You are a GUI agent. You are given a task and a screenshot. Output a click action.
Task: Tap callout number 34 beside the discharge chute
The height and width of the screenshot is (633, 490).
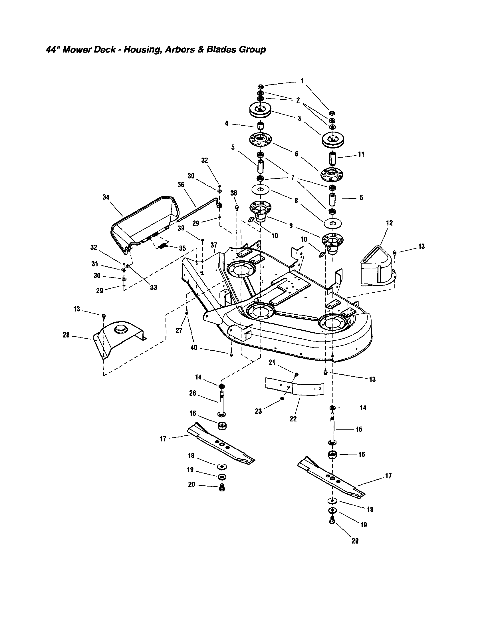pos(106,197)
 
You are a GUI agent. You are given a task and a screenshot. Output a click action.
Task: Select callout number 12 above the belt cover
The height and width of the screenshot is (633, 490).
pos(389,223)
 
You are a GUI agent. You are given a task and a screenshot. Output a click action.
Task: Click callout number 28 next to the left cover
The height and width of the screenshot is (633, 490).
pos(66,335)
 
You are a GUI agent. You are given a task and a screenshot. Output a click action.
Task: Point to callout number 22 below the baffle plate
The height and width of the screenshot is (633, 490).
pos(293,419)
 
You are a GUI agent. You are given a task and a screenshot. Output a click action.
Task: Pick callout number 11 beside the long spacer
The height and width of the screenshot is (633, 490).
pos(361,154)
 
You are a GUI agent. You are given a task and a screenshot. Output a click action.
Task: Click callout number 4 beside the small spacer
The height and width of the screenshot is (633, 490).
pos(226,123)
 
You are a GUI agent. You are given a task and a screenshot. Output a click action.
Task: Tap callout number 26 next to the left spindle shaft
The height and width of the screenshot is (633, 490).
pos(192,393)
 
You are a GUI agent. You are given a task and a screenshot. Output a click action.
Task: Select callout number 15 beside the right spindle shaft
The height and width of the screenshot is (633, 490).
pos(359,429)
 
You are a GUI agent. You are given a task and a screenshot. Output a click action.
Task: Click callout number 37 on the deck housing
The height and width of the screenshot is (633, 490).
pos(213,245)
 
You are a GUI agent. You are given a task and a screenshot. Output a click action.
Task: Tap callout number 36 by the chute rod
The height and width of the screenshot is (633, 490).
pos(181,185)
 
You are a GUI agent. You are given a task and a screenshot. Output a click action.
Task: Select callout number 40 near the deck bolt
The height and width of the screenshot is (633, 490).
pos(193,347)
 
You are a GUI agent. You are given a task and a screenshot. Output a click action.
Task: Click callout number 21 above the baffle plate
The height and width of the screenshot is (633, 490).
pos(271,363)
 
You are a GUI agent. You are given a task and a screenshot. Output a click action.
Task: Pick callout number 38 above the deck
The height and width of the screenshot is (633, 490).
pos(233,193)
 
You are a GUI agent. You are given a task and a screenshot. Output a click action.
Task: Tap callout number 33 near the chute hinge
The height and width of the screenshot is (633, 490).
pos(153,287)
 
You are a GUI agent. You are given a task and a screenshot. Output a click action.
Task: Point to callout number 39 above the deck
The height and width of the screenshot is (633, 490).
pos(181,228)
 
